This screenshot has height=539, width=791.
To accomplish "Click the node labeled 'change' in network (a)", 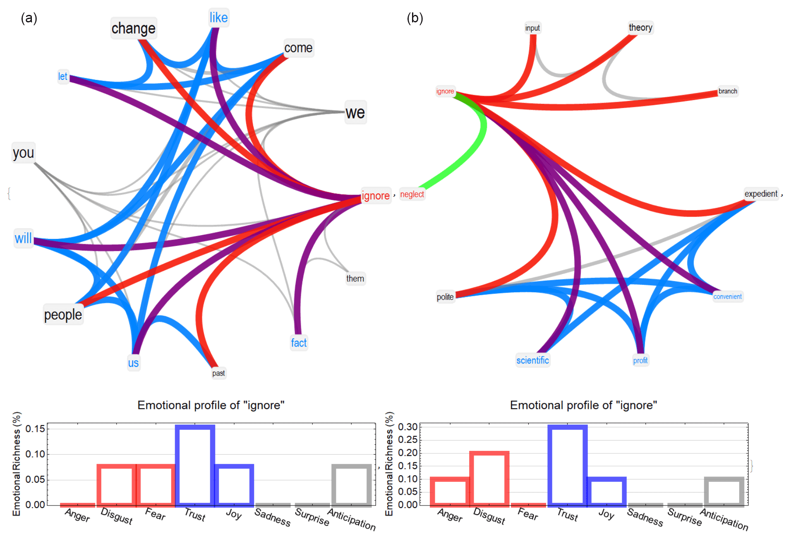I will (x=133, y=28).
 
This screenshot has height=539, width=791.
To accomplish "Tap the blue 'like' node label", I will (x=218, y=17).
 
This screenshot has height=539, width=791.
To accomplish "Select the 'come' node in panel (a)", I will (x=298, y=48).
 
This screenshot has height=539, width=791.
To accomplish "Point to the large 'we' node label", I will (x=355, y=112).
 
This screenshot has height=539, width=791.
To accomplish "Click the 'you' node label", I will (x=23, y=153).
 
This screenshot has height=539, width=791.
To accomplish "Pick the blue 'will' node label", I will (x=23, y=238).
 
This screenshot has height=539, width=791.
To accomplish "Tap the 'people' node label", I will (x=63, y=315).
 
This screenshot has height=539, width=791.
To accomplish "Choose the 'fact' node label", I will (x=299, y=343).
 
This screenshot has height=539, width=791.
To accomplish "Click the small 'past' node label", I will (x=218, y=373).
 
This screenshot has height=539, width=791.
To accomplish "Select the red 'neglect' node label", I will (x=412, y=194).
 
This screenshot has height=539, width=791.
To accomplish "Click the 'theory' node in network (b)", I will (x=640, y=27).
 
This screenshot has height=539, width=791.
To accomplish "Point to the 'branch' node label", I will (x=728, y=91).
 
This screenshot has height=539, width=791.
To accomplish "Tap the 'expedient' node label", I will (x=761, y=194).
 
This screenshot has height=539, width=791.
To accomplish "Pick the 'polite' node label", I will (x=445, y=297).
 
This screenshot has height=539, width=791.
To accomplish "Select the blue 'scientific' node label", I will (x=532, y=360).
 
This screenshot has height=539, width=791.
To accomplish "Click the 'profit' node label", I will (x=640, y=361).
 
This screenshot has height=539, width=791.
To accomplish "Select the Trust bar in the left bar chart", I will (x=195, y=465).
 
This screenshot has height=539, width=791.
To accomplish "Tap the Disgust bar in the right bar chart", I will (x=489, y=479).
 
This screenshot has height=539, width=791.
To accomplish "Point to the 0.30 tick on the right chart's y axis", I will (x=407, y=427).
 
